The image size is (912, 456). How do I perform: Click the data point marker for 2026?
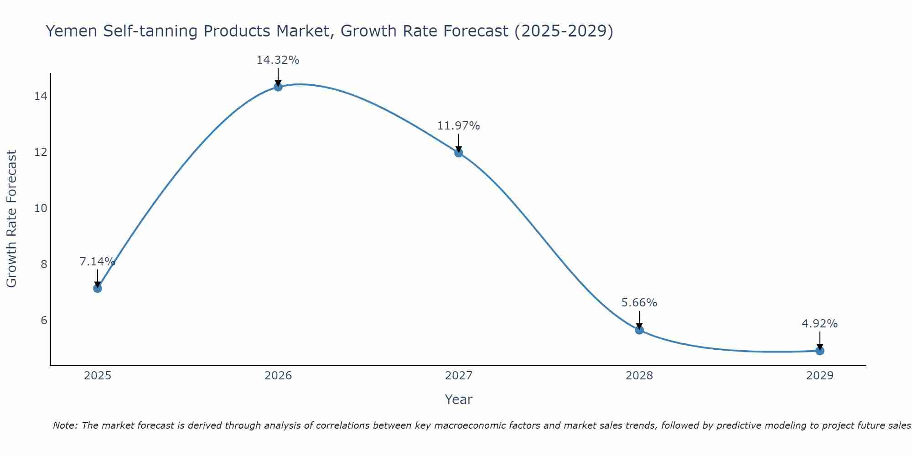click(x=278, y=87)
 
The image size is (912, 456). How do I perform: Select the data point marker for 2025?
click(x=97, y=288)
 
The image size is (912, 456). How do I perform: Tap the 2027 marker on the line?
click(x=459, y=153)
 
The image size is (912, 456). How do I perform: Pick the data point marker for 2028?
click(x=639, y=330)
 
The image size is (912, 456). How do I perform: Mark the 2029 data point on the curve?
click(x=820, y=351)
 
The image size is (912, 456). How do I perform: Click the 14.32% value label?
click(x=278, y=60)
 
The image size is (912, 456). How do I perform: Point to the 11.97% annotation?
click(x=458, y=126)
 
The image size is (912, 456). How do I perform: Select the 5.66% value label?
click(x=639, y=303)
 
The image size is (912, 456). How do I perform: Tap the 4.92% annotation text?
click(x=819, y=324)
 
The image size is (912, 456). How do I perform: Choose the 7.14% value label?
click(x=97, y=262)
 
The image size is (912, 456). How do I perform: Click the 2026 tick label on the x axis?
click(x=278, y=376)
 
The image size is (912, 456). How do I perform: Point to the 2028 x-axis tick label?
click(x=639, y=376)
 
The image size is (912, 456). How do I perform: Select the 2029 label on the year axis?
click(x=820, y=376)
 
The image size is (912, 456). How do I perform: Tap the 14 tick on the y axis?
click(x=41, y=96)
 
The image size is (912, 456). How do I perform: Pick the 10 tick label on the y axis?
click(x=41, y=208)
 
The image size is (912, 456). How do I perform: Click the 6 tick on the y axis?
click(x=44, y=321)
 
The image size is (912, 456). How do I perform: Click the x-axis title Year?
click(x=458, y=399)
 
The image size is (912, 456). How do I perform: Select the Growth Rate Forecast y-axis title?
click(x=12, y=219)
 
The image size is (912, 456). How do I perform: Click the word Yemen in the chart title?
click(x=71, y=31)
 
